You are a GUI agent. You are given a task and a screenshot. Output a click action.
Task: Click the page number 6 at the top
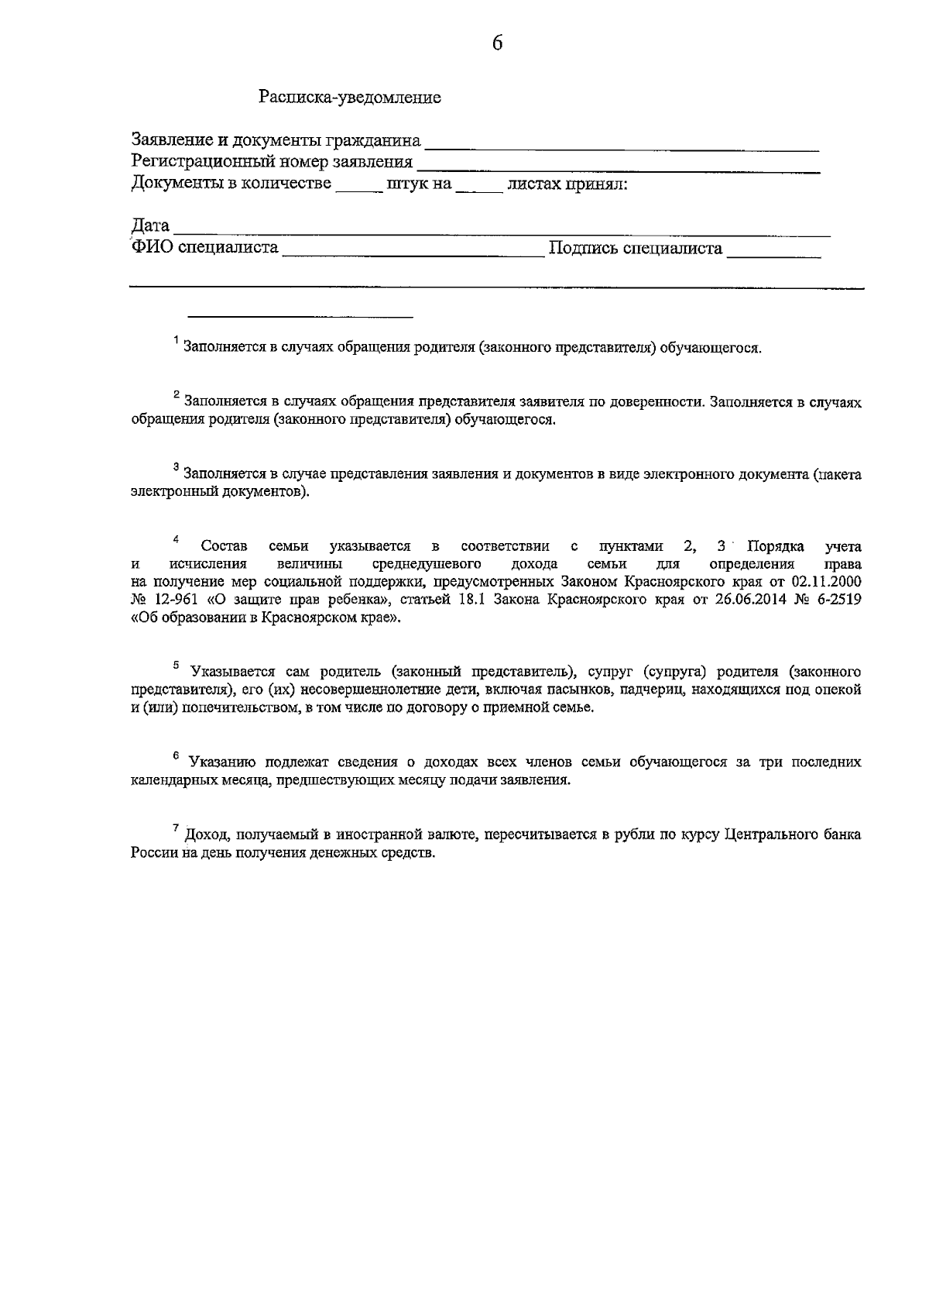tap(497, 44)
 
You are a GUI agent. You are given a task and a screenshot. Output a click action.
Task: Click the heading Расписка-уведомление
tap(350, 98)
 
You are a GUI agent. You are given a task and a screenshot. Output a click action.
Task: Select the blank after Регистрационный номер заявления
tap(618, 164)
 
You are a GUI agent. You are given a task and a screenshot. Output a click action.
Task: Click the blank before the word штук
tap(358, 187)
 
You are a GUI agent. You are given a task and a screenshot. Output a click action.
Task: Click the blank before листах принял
tap(478, 187)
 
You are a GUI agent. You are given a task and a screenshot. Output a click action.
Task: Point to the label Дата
tap(150, 226)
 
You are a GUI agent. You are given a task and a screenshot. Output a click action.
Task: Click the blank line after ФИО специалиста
tap(413, 251)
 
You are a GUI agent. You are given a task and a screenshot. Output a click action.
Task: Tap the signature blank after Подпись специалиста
tap(773, 251)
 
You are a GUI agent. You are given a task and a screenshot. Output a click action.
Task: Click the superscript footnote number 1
tap(177, 342)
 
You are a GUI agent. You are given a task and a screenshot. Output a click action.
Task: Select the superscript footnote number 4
tap(176, 539)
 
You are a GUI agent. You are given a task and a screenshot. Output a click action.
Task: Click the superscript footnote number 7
tap(177, 829)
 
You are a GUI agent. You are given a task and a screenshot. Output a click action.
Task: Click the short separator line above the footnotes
tap(301, 316)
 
